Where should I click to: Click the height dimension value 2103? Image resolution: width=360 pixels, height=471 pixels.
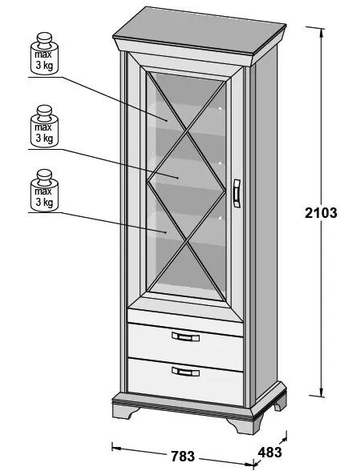321,213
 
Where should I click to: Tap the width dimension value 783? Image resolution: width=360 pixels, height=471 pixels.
183,457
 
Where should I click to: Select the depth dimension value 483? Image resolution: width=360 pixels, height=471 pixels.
269,452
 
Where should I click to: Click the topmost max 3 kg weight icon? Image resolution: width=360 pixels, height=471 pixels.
45,53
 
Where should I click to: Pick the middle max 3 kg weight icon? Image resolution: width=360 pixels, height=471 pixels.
45,126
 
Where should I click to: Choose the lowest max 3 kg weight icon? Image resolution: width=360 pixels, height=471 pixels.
45,190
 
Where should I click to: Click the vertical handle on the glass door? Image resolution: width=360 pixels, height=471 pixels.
237,193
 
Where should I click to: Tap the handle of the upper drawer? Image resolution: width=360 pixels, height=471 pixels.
185,336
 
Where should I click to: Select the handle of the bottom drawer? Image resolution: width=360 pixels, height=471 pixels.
185,372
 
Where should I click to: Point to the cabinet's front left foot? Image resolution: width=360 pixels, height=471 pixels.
124,411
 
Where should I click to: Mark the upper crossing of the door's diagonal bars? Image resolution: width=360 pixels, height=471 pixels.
187,132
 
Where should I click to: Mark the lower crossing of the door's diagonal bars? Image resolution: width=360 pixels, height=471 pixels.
188,240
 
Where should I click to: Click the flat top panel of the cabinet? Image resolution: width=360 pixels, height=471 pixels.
200,30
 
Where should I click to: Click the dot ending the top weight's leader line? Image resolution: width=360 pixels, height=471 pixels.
166,120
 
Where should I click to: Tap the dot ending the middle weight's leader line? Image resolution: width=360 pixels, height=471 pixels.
178,178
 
